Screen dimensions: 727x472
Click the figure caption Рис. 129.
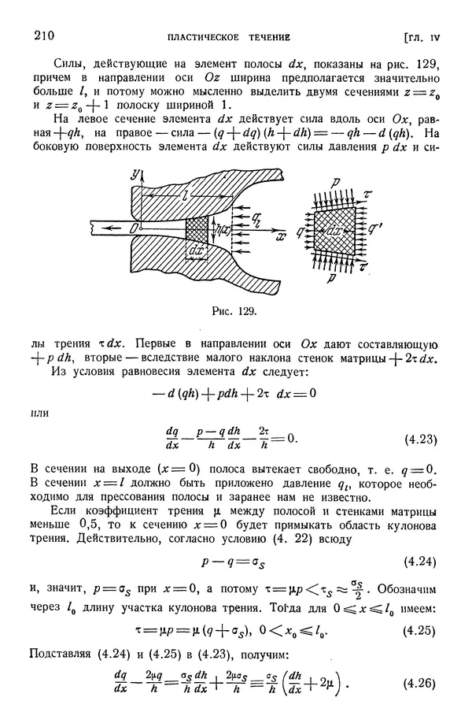235,311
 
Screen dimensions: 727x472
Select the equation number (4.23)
416,440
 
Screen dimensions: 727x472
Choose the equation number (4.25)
416,629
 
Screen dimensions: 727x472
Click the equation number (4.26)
416,682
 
